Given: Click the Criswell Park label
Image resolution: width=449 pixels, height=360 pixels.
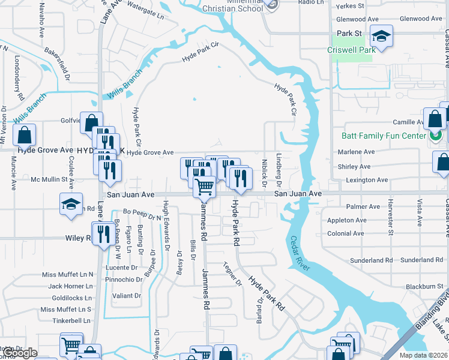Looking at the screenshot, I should coord(351,50).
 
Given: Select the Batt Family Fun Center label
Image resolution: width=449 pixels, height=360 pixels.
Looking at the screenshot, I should coord(383,136).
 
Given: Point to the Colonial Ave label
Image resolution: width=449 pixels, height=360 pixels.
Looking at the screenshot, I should coord(346,233).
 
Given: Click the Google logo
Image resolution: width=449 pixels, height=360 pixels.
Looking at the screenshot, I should coord(19,352).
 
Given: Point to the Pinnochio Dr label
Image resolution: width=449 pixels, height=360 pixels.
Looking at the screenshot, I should coord(123,280).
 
